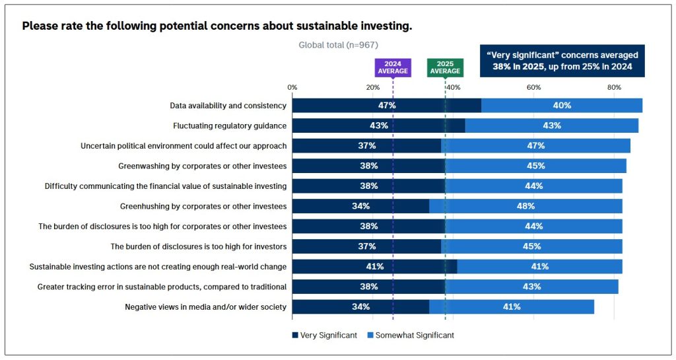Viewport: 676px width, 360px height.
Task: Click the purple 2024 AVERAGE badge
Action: (392, 67)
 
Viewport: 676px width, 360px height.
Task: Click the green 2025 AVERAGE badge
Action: (445, 67)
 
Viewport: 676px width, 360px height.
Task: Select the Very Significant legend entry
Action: (324, 336)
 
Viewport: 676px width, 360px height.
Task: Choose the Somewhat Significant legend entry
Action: (411, 336)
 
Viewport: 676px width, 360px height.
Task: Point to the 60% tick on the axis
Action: (533, 88)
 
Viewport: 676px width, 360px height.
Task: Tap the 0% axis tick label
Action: (292, 88)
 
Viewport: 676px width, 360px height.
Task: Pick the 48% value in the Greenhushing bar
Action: (525, 206)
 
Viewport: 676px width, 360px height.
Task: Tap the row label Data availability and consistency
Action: (228, 106)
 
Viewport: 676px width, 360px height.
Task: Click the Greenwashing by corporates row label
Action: (202, 166)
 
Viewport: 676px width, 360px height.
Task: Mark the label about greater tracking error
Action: (162, 287)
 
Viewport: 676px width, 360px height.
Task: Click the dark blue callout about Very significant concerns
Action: (562, 61)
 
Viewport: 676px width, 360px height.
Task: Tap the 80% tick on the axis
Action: (614, 88)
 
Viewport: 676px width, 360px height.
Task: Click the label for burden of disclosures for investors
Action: (198, 246)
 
